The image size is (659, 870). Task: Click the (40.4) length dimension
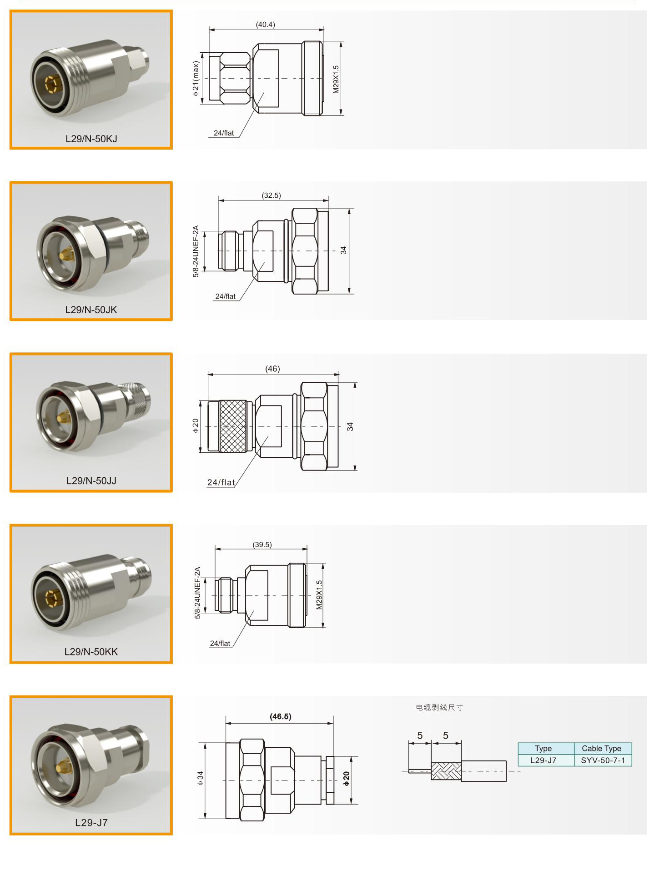click(265, 25)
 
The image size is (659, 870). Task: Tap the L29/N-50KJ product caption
click(91, 139)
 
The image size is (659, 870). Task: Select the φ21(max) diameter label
click(196, 79)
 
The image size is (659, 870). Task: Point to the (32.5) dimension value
click(271, 195)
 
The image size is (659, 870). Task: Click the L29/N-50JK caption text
click(91, 310)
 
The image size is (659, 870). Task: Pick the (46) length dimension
click(272, 369)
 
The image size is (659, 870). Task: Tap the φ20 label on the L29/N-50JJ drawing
click(196, 425)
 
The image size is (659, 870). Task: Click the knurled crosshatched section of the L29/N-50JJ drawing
click(233, 426)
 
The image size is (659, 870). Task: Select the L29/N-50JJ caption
click(91, 480)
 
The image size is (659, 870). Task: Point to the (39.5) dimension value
click(262, 545)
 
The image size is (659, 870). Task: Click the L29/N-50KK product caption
click(91, 651)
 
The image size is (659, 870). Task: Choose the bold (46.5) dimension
click(281, 716)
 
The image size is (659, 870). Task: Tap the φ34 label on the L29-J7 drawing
click(200, 778)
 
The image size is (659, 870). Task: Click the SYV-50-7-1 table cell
click(603, 760)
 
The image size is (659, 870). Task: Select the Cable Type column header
click(601, 748)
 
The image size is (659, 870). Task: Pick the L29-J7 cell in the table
click(543, 760)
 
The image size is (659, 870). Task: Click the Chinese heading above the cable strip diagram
click(439, 707)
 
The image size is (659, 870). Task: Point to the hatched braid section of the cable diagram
click(446, 771)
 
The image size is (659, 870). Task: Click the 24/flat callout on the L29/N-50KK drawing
click(220, 643)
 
